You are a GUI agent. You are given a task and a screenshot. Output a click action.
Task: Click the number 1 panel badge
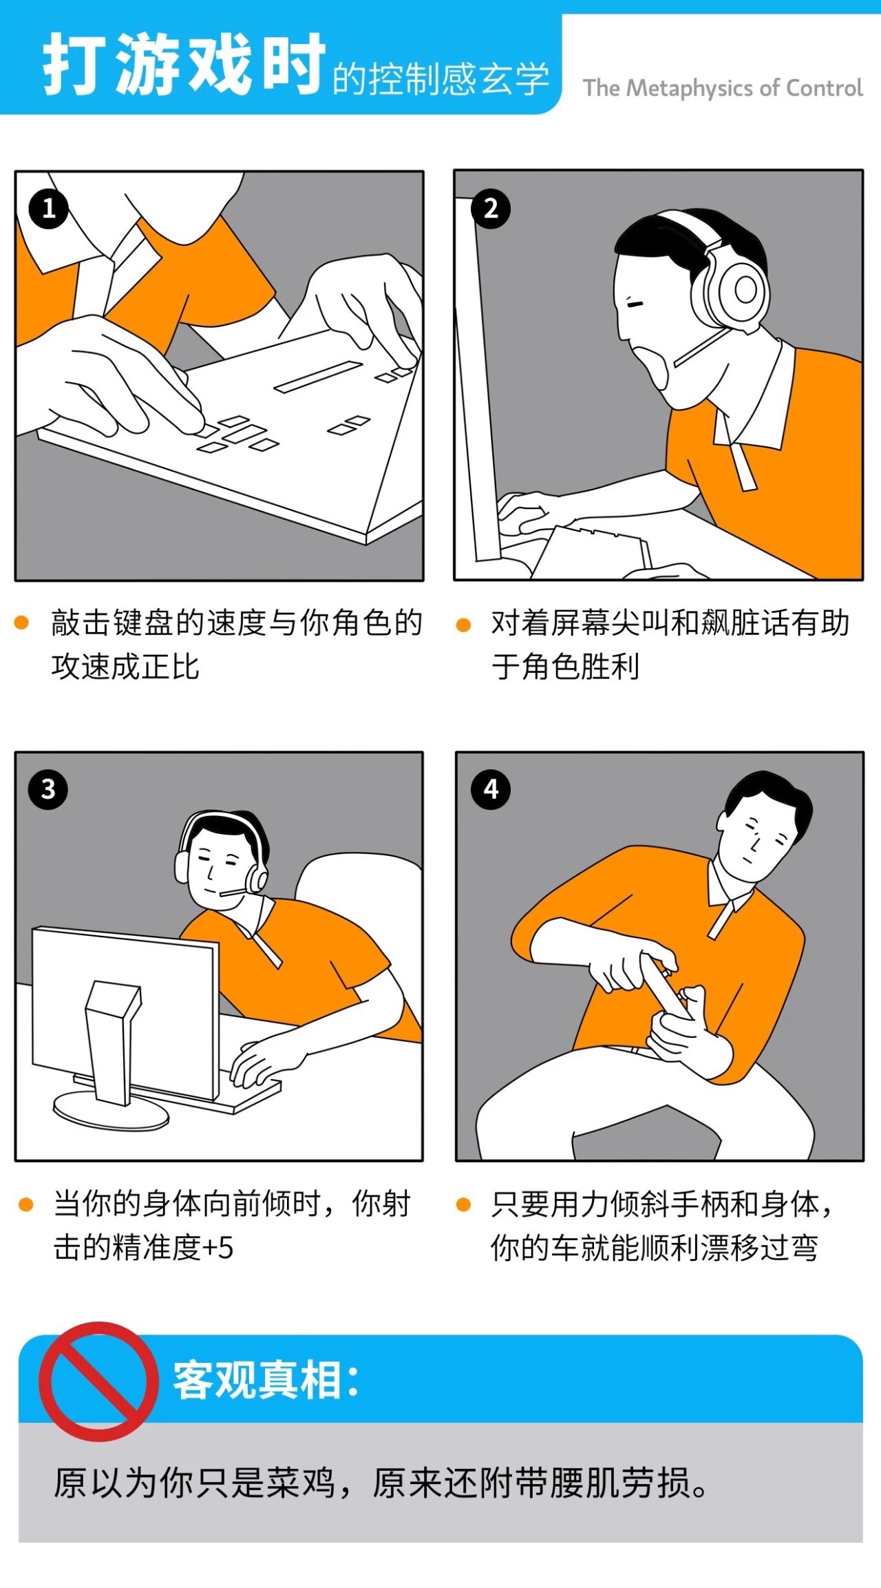[x=48, y=208]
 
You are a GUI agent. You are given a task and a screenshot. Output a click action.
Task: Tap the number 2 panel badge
[x=490, y=208]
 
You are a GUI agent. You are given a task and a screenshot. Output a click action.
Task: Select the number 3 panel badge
[x=48, y=788]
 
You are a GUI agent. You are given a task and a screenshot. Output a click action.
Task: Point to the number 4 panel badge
[x=491, y=788]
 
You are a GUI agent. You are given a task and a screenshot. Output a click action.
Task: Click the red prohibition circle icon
[x=98, y=1381]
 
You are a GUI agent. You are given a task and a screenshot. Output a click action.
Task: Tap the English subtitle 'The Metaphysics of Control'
[x=723, y=88]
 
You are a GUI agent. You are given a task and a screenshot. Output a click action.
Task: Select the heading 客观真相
[x=266, y=1380]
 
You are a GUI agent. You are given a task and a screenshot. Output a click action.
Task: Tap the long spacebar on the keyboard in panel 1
[x=319, y=376]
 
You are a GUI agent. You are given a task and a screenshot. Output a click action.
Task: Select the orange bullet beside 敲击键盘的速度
[x=21, y=623]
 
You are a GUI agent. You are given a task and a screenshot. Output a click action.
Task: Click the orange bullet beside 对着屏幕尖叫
[x=463, y=625]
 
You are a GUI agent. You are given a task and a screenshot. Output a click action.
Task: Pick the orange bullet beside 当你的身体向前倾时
[x=25, y=1204]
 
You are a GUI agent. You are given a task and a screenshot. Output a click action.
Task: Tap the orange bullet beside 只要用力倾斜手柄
[x=463, y=1204]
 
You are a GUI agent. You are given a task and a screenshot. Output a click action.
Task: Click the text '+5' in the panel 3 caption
[x=217, y=1248]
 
